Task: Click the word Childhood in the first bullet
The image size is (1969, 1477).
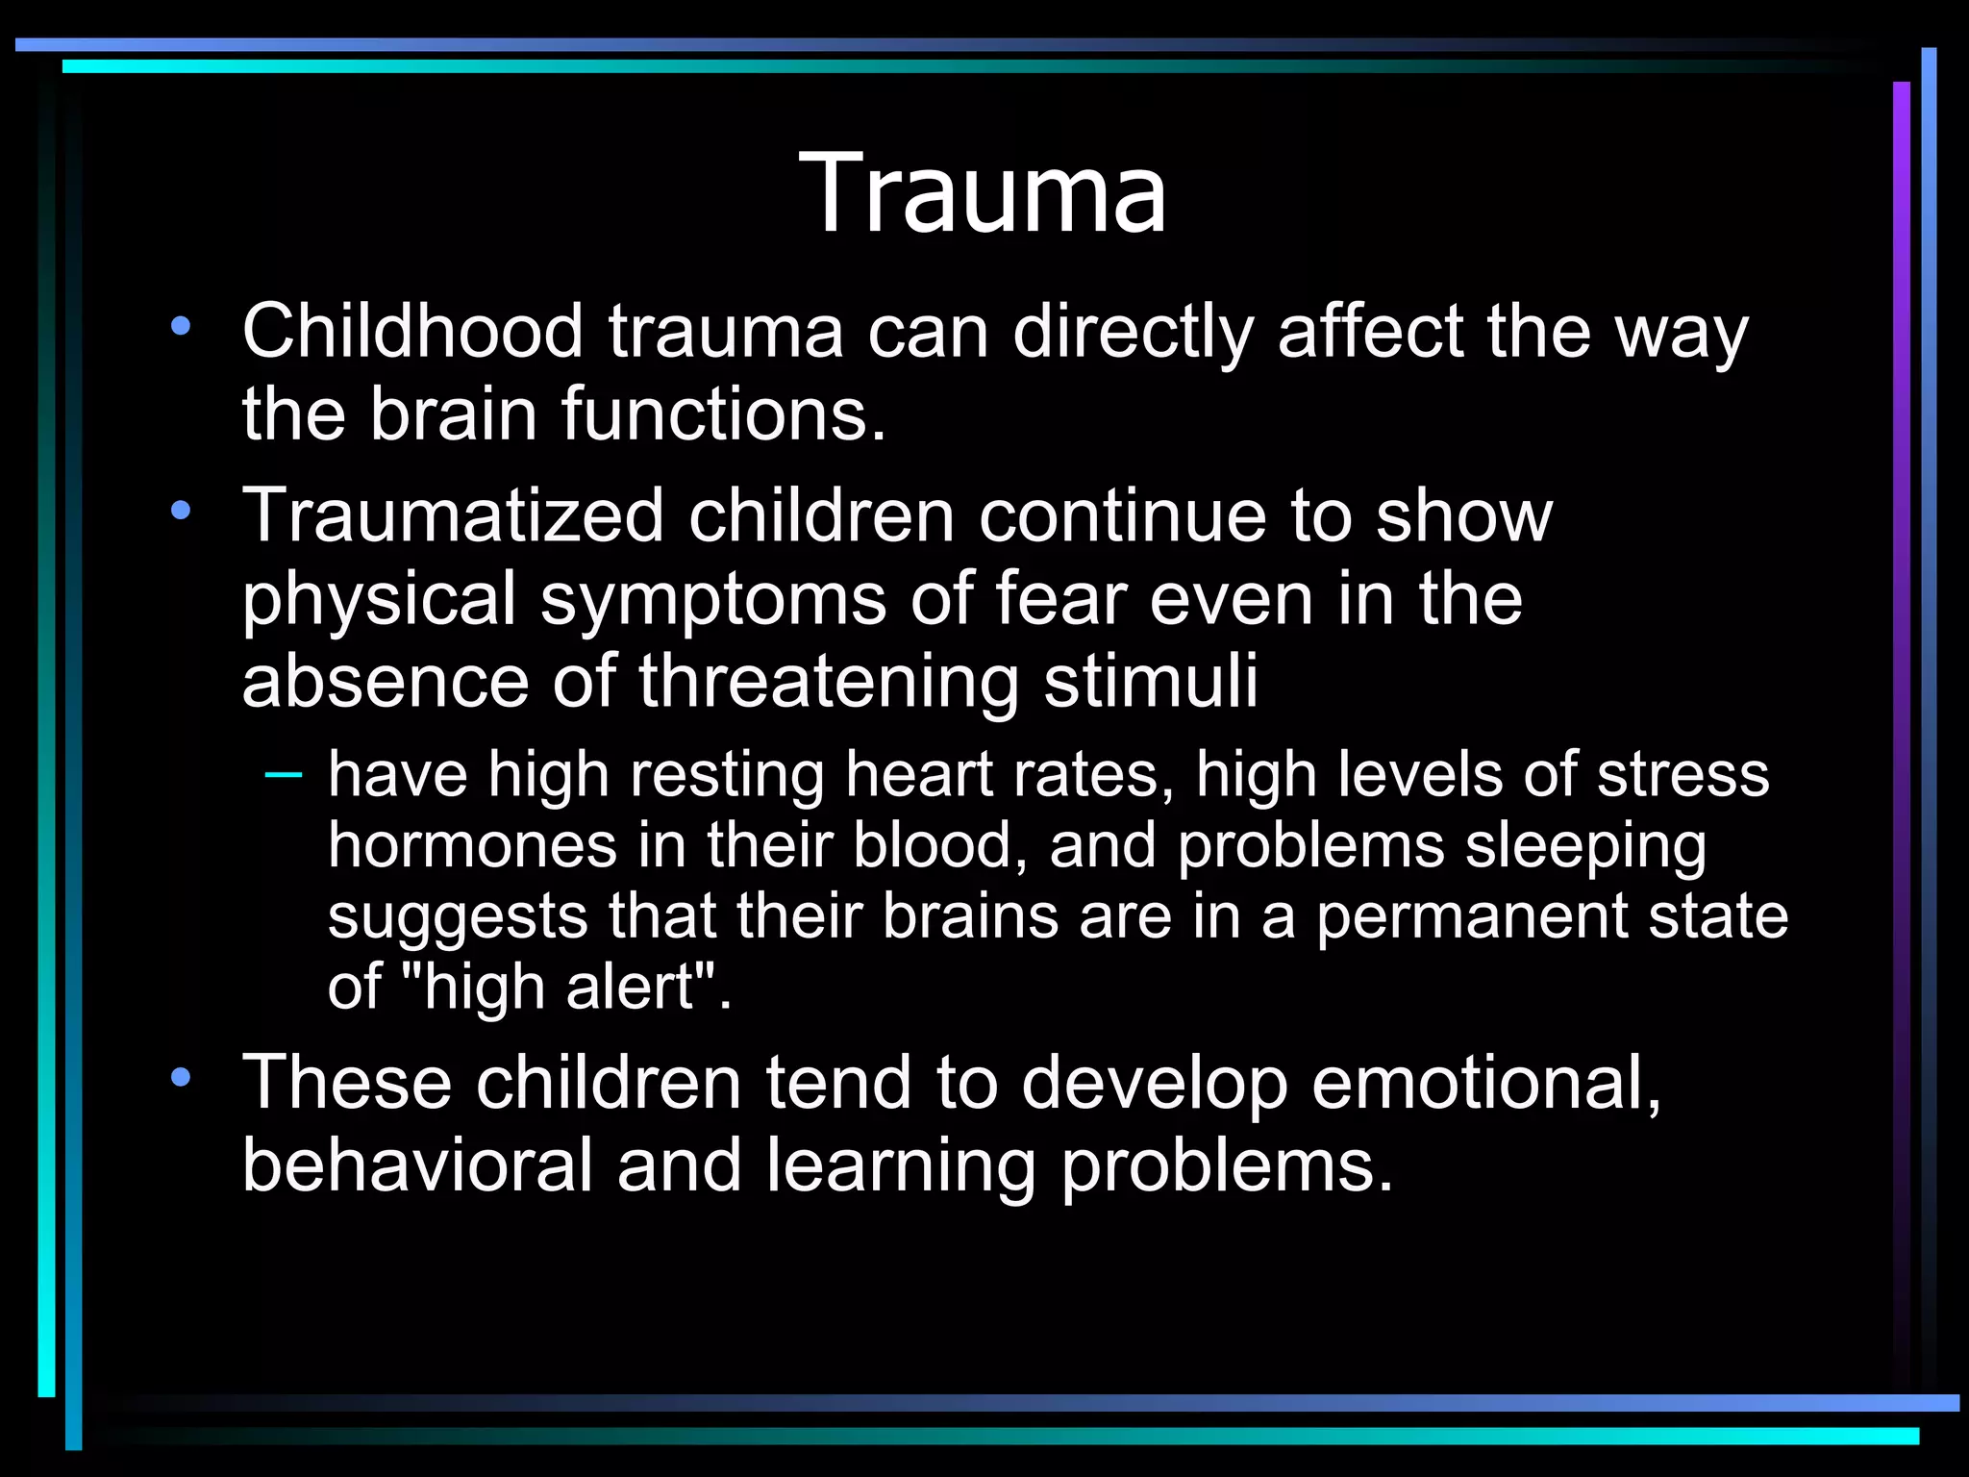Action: pos(412,332)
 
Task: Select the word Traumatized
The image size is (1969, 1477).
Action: pos(453,515)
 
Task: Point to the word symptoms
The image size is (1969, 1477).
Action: pos(713,598)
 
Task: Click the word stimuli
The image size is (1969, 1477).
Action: pos(1151,681)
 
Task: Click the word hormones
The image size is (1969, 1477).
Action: pos(472,845)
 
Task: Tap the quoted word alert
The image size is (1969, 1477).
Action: pos(630,987)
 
